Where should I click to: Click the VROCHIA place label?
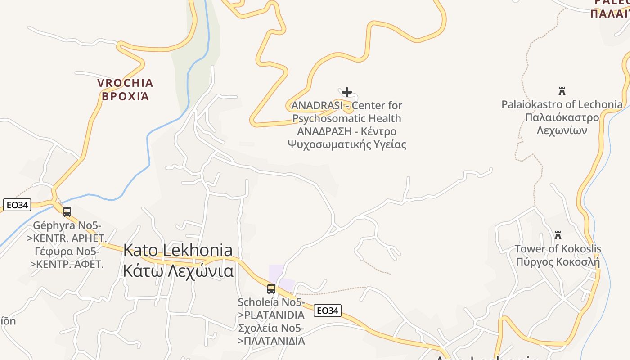[x=125, y=83]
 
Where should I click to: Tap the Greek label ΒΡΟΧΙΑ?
[x=125, y=96]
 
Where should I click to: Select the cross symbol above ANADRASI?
[x=346, y=92]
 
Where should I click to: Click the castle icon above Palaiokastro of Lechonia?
[x=562, y=91]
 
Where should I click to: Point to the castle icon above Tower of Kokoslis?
[x=558, y=235]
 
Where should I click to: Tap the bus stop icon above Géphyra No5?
[x=67, y=211]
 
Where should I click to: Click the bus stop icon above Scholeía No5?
[x=271, y=289]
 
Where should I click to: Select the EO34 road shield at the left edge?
[x=17, y=205]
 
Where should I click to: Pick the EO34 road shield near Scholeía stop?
[x=327, y=310]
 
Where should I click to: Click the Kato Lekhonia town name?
[x=178, y=250]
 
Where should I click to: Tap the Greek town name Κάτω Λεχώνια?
[x=178, y=271]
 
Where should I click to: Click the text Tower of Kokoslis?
[x=558, y=249]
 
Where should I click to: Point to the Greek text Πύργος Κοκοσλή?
[x=558, y=262]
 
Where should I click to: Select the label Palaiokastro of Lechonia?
[x=562, y=104]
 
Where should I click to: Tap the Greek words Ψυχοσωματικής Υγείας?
[x=346, y=144]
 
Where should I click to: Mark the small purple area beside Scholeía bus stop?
[x=276, y=272]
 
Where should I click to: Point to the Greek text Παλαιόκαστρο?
[x=562, y=117]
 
